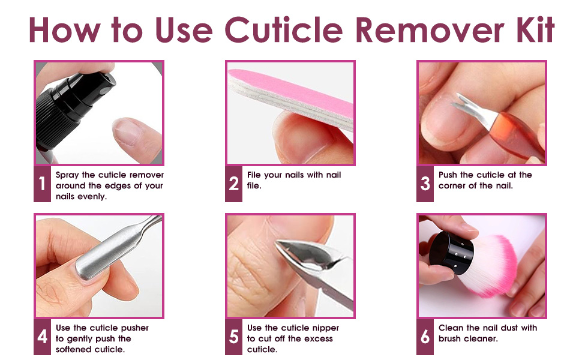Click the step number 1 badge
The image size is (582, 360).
coord(42,184)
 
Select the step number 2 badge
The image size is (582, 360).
coord(234,184)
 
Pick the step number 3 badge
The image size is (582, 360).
coord(425,184)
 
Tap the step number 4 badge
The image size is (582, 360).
coord(42,337)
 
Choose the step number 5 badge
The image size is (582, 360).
coord(234,337)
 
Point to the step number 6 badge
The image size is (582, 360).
coord(425,337)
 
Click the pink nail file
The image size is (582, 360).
coord(288,90)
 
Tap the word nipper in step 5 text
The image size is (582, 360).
coord(325,328)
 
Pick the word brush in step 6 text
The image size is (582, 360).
coord(451,339)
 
